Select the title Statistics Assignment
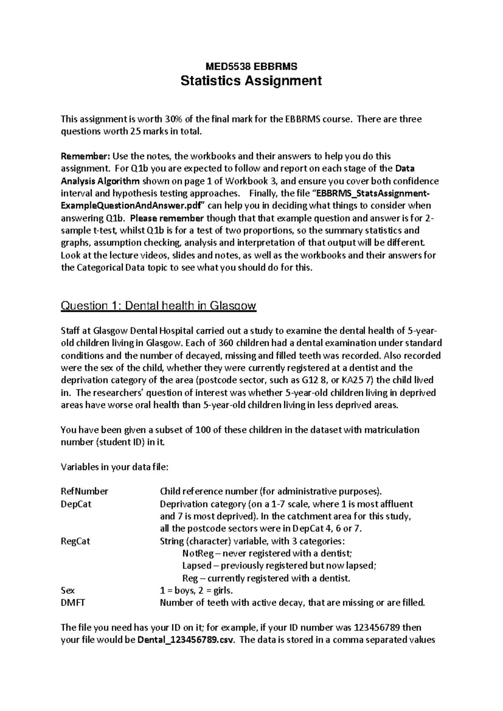[251, 80]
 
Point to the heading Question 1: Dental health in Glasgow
[158, 306]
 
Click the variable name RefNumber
[84, 491]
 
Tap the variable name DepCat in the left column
[76, 504]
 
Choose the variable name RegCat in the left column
[75, 541]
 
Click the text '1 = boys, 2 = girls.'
[196, 591]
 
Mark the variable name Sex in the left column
[67, 591]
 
